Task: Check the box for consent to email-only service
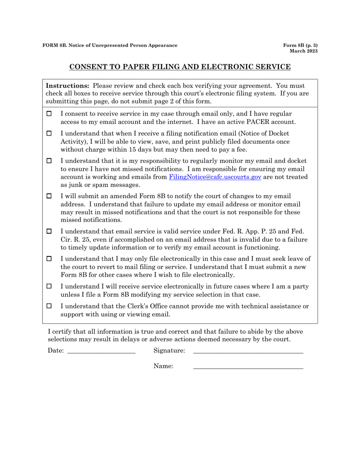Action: (49, 114)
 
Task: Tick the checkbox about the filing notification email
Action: (49, 134)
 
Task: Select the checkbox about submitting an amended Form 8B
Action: (49, 196)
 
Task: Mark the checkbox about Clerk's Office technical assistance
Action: (49, 306)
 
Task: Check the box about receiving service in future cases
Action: (49, 287)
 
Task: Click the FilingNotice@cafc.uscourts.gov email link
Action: (215, 177)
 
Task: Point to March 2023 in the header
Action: (304, 51)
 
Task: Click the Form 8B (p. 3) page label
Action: (301, 45)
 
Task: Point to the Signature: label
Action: (169, 351)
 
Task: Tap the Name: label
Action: (163, 366)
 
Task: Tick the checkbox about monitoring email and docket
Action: (49, 161)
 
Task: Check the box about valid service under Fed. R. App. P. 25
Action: (49, 231)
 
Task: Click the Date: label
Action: (56, 351)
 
